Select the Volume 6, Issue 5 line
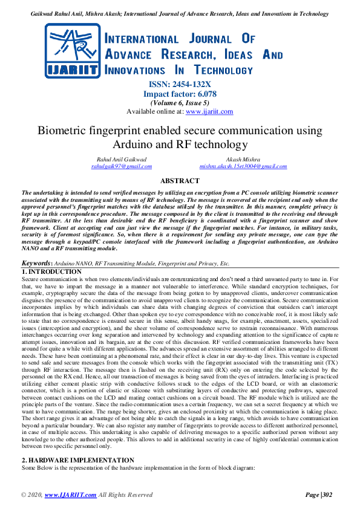(180, 103)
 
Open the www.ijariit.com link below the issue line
(192, 111)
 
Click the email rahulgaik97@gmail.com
(122, 165)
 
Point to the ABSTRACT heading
(180, 181)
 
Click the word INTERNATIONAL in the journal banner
(142, 39)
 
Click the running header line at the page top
(180, 13)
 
